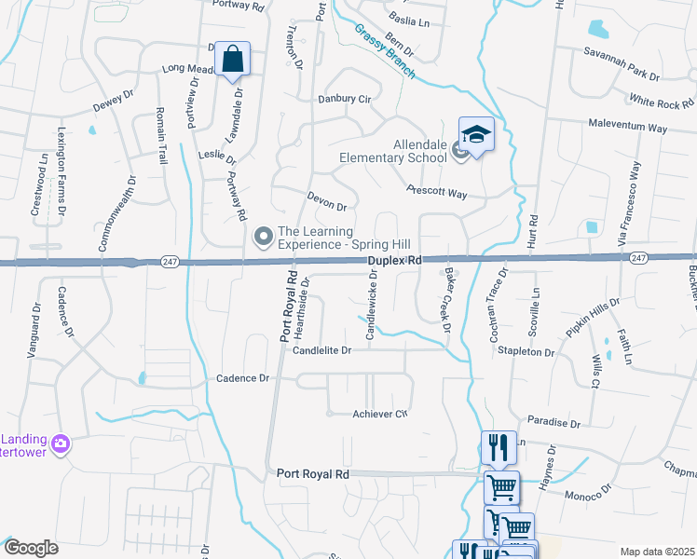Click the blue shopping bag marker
pyautogui.click(x=233, y=61)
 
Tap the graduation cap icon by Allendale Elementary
pyautogui.click(x=476, y=135)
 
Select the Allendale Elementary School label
pyautogui.click(x=394, y=152)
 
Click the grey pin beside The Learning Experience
pyautogui.click(x=263, y=239)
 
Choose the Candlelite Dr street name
pyautogui.click(x=321, y=350)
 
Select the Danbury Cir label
pyautogui.click(x=345, y=98)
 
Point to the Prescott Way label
pyautogui.click(x=436, y=191)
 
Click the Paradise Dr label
pyautogui.click(x=553, y=422)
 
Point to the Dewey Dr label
pyautogui.click(x=107, y=98)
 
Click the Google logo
pyautogui.click(x=32, y=548)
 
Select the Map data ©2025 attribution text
pyautogui.click(x=656, y=552)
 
